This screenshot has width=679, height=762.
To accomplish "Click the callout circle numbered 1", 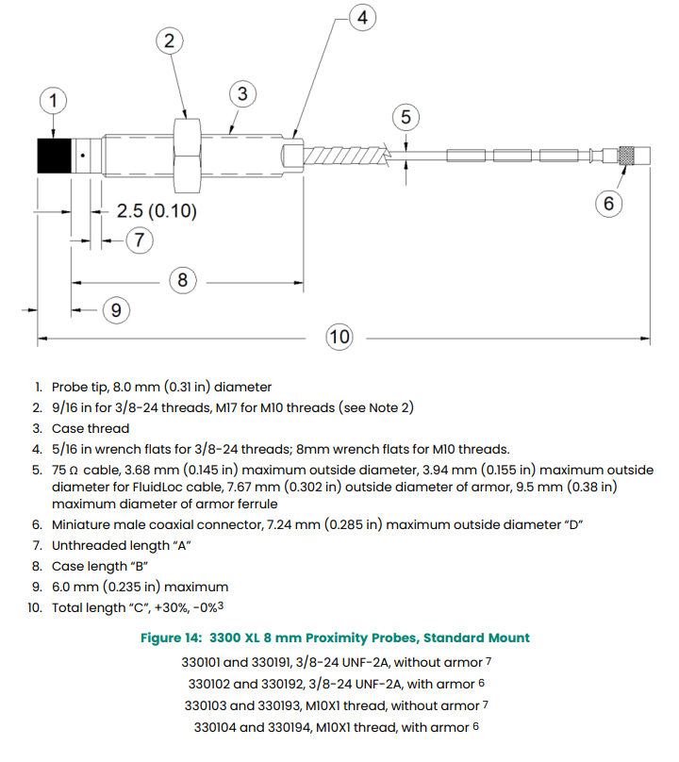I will coord(54,99).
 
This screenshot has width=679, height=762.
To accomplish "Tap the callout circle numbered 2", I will coord(169,41).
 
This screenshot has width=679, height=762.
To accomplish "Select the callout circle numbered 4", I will coord(362,16).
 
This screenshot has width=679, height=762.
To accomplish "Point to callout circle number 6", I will coord(609,203).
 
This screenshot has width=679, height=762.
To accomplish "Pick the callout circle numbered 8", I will coord(183,280).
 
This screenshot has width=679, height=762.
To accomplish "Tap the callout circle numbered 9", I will coord(115,310).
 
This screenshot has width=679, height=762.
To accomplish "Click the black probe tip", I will coord(54,155).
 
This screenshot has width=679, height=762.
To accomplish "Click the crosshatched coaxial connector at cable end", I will coord(626,155).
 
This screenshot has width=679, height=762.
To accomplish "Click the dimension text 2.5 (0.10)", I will coord(157,211).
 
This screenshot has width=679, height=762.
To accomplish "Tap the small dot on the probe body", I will coord(84,154).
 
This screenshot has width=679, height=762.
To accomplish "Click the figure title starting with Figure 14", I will coord(335,638).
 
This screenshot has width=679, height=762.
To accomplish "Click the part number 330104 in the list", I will coord(218,727).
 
